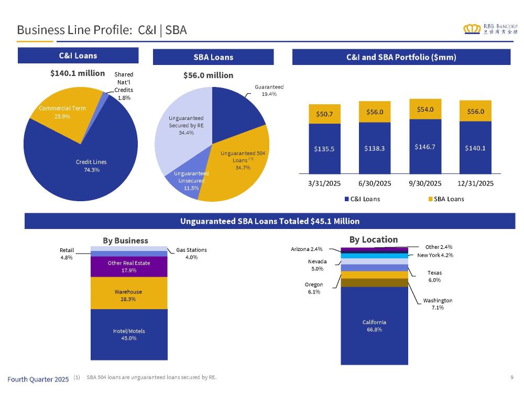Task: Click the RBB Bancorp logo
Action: tap(490, 29)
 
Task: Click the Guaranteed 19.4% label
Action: tap(269, 90)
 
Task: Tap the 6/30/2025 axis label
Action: tap(375, 183)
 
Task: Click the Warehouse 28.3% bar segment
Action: tap(128, 295)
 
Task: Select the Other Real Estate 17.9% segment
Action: tap(128, 266)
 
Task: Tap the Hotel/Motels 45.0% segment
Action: tap(128, 334)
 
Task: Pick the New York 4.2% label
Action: tap(435, 255)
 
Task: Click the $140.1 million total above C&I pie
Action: tap(78, 73)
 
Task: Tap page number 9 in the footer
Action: tap(511, 377)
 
